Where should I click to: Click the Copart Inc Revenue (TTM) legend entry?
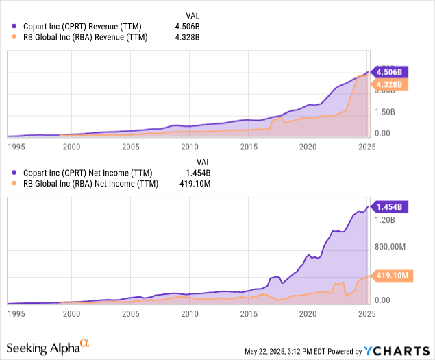[82, 26]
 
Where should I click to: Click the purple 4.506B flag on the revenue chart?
[389, 72]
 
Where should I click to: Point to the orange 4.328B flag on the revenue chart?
[389, 84]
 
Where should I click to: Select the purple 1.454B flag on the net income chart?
[389, 206]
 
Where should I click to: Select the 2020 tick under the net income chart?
[308, 314]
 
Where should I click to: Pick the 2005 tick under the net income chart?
[130, 314]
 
